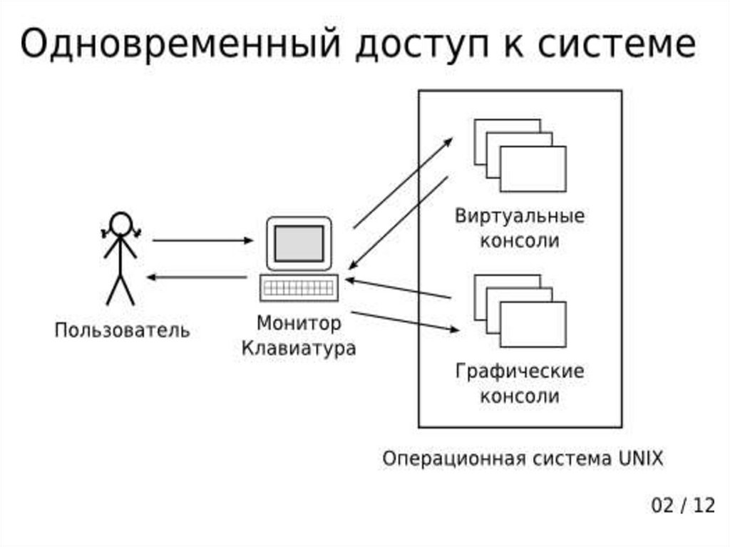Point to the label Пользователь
coord(123,330)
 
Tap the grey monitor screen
coord(299,243)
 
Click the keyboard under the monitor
coord(299,288)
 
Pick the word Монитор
coord(299,323)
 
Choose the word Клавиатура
coord(299,349)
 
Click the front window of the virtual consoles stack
coord(533,169)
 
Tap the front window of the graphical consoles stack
coord(533,324)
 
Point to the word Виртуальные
coord(520,217)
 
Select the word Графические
coord(520,372)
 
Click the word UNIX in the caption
coord(637,458)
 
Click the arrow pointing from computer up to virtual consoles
coord(403,183)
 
